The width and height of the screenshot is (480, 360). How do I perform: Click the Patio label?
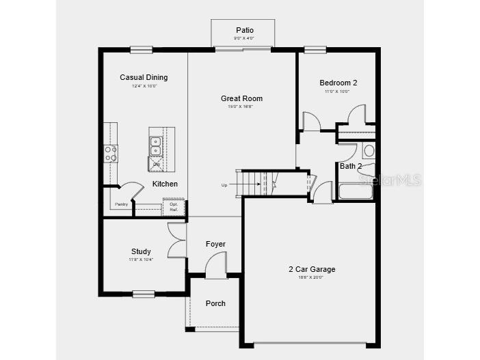[244, 30]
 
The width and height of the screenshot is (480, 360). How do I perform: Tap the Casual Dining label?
[144, 77]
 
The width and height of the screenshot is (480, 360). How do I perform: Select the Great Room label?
[241, 98]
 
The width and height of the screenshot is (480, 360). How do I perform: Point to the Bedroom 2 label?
[338, 83]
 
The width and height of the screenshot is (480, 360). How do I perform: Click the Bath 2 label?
[351, 166]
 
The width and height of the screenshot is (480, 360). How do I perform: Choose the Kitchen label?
[165, 184]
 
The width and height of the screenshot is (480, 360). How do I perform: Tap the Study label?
[141, 251]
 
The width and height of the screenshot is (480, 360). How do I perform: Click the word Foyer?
[215, 244]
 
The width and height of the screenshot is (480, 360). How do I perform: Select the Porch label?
[215, 303]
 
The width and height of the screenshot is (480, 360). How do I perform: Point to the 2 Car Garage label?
[312, 269]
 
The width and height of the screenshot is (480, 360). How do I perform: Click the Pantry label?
[121, 204]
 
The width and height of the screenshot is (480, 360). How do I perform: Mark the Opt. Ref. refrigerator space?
[174, 206]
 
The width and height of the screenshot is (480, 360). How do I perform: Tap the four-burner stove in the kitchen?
[110, 154]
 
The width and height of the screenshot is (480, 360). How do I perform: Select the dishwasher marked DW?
[156, 165]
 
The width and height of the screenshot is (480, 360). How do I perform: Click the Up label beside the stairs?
[224, 185]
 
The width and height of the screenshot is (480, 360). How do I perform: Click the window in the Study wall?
[144, 294]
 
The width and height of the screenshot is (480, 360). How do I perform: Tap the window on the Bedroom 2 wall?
[315, 49]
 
